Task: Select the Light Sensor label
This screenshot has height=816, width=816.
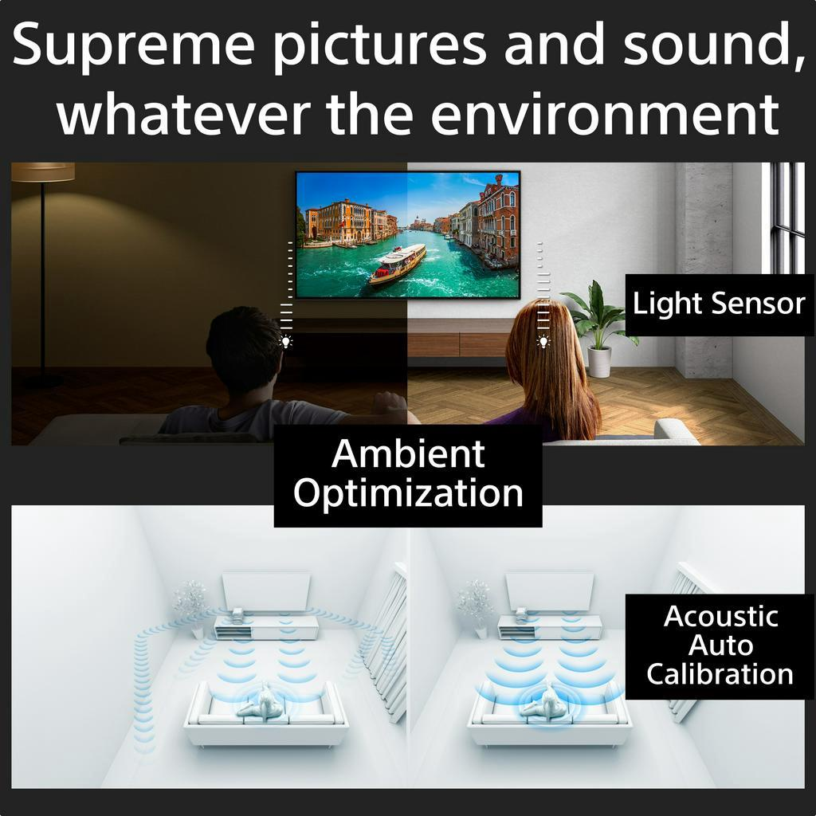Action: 719,304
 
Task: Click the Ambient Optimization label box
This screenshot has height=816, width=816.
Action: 408,475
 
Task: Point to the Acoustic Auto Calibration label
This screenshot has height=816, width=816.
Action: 720,645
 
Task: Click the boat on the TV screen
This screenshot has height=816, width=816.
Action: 398,264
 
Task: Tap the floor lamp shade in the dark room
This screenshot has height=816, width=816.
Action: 43,171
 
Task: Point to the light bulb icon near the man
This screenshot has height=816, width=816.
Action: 285,342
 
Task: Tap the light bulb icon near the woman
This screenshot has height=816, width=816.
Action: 543,342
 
